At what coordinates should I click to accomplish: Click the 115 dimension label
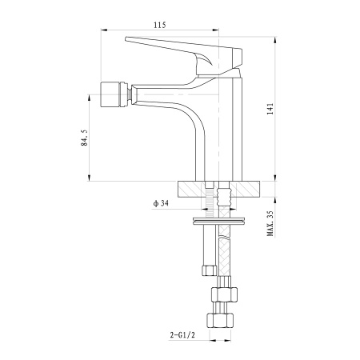[159, 25]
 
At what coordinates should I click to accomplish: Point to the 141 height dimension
[270, 109]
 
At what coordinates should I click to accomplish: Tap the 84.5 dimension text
[84, 138]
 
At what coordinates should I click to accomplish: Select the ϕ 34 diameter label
[161, 203]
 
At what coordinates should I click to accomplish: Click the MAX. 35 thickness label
[270, 223]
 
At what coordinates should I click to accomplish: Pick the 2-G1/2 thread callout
[182, 335]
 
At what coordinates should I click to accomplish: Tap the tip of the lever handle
[126, 39]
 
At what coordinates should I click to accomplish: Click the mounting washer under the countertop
[219, 222]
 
